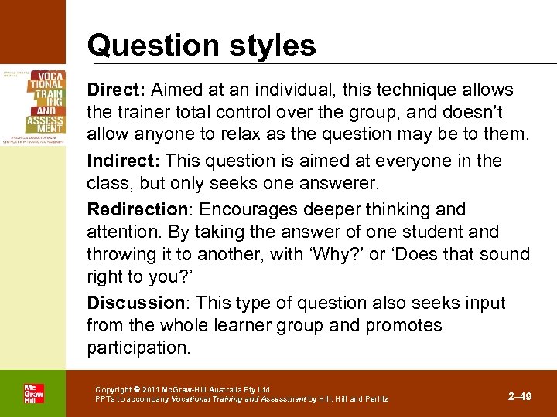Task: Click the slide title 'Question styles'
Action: [202, 45]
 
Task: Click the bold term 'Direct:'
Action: [112, 90]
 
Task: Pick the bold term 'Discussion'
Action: [131, 303]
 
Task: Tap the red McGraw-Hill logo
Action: [33, 393]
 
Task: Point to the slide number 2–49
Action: [519, 396]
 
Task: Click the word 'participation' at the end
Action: [137, 348]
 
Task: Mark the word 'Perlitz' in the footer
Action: [374, 399]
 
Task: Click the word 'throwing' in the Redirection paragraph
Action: [120, 255]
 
